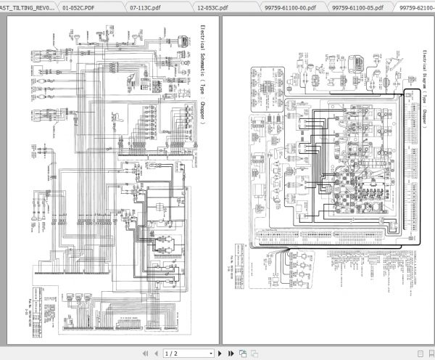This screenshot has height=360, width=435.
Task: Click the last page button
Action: (225, 353)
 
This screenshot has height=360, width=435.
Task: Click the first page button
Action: (145, 353)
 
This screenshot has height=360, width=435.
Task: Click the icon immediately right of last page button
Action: (243, 353)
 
